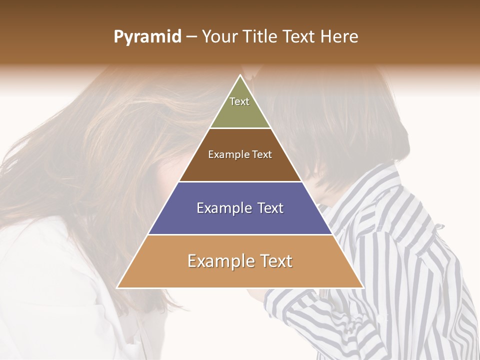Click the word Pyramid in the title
[x=147, y=37]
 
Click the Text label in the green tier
[x=239, y=101]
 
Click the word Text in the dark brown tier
[x=262, y=154]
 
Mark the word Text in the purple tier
[x=270, y=208]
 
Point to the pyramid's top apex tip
[x=240, y=75]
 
